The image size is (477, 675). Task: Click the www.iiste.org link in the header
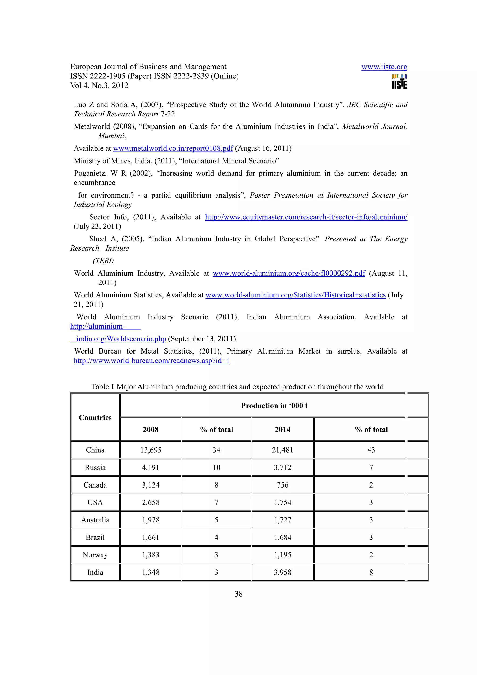tap(384, 67)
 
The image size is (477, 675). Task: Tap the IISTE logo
tap(399, 82)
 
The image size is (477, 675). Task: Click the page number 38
tap(238, 593)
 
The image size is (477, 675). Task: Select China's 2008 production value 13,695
tap(150, 450)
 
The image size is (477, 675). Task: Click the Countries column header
tap(95, 417)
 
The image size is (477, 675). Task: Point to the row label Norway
tap(95, 555)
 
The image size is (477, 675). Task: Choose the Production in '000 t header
tap(274, 406)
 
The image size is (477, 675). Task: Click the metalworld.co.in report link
tap(173, 148)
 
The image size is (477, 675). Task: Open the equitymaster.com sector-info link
tap(306, 217)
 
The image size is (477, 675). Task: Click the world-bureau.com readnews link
tap(151, 361)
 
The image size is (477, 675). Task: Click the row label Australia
tap(95, 520)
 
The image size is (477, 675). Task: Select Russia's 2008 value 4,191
tap(150, 467)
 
